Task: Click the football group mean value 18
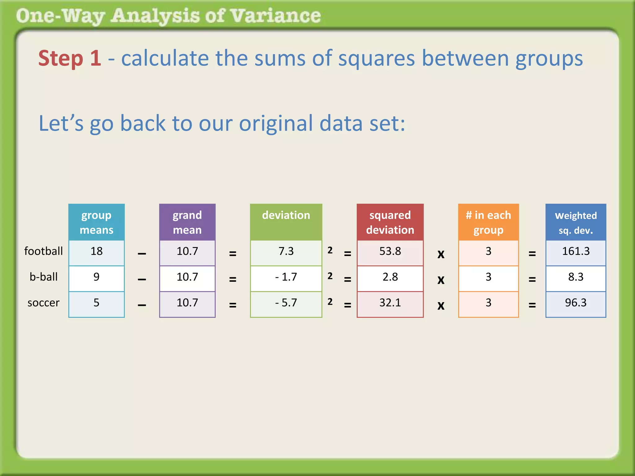point(96,251)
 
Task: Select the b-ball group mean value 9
point(96,277)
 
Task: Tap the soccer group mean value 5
point(96,303)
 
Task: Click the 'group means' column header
point(96,222)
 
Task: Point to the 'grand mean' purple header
point(187,222)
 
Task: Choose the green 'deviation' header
point(286,216)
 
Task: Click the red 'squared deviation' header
point(390,222)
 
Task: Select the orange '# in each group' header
point(488,222)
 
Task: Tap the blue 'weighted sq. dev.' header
point(576,222)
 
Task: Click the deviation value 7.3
point(286,251)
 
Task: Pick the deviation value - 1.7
point(286,277)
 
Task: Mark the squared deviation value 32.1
point(390,303)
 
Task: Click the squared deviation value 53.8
point(390,251)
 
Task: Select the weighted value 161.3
point(576,251)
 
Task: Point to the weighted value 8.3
point(576,277)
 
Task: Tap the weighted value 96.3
point(576,303)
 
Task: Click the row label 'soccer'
point(43,303)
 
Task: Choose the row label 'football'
point(43,251)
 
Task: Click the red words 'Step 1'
point(70,58)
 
